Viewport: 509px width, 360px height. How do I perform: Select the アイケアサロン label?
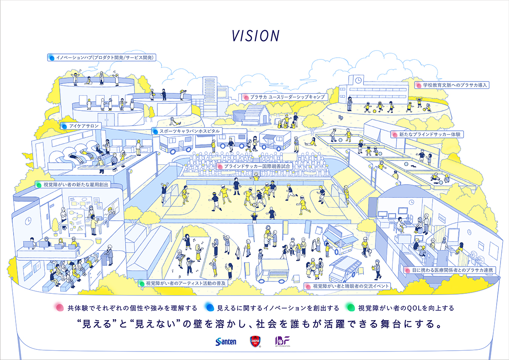click(x=81, y=126)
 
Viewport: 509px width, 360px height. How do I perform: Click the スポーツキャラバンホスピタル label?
click(x=187, y=131)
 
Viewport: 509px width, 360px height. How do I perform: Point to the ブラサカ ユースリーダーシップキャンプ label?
click(x=284, y=97)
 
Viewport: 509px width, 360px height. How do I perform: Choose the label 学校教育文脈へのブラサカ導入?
click(x=452, y=85)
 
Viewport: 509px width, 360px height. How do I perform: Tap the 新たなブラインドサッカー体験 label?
click(x=428, y=134)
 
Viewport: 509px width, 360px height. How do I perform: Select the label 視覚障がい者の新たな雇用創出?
click(x=73, y=185)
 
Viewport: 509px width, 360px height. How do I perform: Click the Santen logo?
click(x=226, y=341)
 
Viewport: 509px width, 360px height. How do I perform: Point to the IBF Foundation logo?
click(x=282, y=341)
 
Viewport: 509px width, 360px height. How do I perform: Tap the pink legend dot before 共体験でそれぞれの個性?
click(x=59, y=307)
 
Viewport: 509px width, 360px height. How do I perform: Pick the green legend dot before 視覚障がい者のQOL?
click(x=350, y=307)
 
